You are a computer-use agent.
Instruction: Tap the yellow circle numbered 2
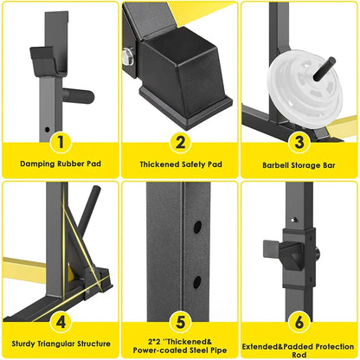pyautogui.click(x=179, y=140)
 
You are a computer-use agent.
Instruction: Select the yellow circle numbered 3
pyautogui.click(x=299, y=140)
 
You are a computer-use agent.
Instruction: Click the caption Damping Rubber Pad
pyautogui.click(x=60, y=163)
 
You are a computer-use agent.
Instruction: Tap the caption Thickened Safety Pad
pyautogui.click(x=179, y=163)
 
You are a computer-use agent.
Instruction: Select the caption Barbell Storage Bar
pyautogui.click(x=299, y=163)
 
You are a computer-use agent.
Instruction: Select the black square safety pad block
pyautogui.click(x=181, y=67)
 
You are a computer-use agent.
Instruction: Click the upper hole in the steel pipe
pyautogui.click(x=198, y=226)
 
